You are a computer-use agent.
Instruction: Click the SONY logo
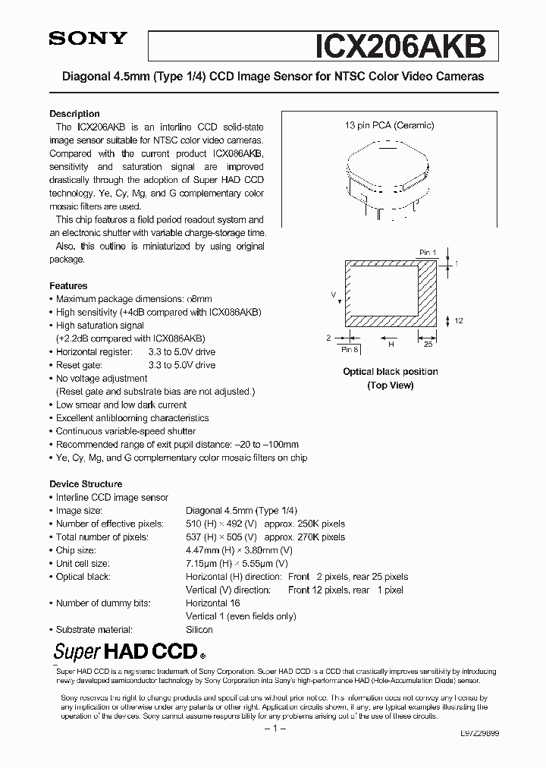89,40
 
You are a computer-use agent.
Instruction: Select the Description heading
74,114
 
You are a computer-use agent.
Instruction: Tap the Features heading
68,286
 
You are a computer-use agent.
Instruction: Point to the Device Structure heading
86,484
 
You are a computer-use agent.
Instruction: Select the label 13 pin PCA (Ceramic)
390,126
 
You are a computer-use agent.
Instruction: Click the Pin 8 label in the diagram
350,349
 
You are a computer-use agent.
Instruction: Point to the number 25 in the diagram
428,344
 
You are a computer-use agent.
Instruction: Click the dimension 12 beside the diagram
459,322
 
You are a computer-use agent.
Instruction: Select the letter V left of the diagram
333,293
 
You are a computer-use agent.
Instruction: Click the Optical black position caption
390,372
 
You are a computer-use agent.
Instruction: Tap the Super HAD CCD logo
128,651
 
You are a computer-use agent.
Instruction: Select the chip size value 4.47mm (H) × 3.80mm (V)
239,550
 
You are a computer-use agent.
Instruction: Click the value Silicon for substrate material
199,630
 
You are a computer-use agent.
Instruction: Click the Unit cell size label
83,564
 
